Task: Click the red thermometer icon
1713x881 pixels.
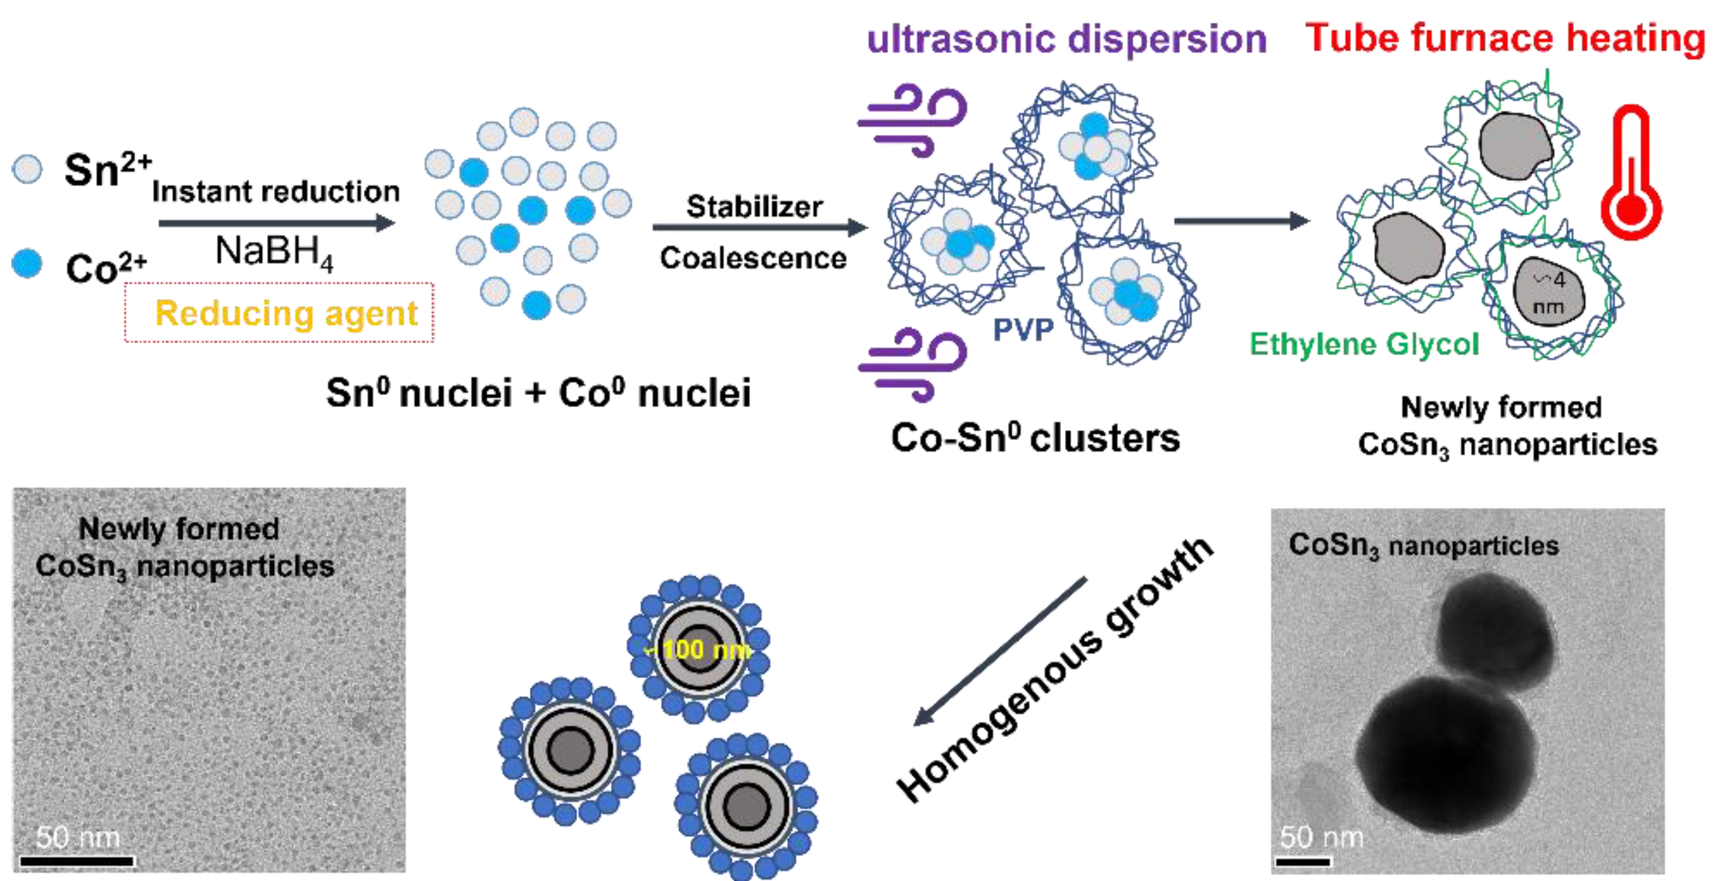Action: (x=1631, y=176)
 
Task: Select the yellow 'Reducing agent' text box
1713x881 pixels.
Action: (x=286, y=313)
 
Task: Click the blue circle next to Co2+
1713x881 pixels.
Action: (x=27, y=263)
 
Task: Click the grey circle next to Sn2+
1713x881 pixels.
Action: (x=27, y=169)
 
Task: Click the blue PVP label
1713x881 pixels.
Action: (x=1023, y=330)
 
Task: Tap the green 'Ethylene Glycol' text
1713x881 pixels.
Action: (x=1364, y=345)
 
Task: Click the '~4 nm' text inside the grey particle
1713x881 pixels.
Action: (x=1549, y=293)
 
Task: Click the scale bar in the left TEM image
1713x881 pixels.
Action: (x=77, y=861)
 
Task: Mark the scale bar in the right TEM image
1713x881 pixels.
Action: (x=1303, y=862)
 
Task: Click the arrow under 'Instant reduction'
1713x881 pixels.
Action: (x=276, y=223)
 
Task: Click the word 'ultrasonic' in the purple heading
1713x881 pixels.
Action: (x=961, y=39)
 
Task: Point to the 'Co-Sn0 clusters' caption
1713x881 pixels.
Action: (x=1035, y=438)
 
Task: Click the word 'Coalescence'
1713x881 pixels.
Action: (x=753, y=258)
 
